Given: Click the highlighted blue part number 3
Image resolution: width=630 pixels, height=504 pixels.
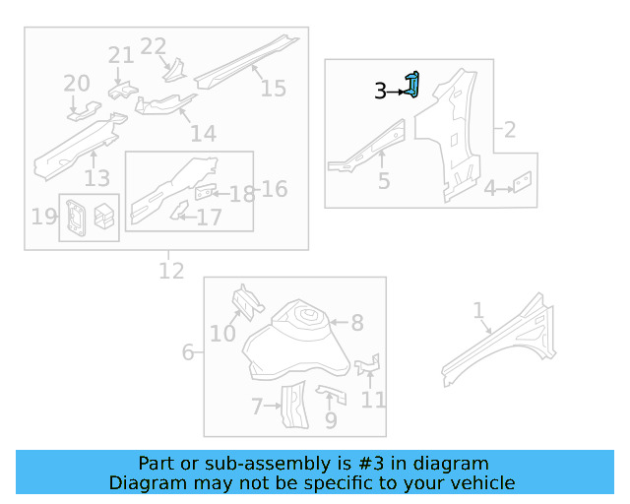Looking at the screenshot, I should tap(414, 86).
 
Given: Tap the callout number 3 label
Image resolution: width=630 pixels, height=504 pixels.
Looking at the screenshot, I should tap(380, 92).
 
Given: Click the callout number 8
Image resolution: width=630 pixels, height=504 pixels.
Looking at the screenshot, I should tap(357, 322).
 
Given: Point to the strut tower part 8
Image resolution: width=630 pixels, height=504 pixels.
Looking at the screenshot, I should tap(295, 340).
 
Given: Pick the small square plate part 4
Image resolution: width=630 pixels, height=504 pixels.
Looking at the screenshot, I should tap(524, 182).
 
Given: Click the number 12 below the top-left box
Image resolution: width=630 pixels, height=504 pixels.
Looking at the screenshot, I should tap(171, 270).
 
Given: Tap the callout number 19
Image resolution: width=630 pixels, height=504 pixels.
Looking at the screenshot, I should tap(44, 217).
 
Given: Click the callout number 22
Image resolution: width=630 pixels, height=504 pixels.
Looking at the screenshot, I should tap(154, 46).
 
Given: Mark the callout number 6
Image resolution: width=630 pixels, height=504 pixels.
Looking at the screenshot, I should tap(187, 351).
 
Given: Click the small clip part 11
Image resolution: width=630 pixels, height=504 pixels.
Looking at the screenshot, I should tap(368, 366).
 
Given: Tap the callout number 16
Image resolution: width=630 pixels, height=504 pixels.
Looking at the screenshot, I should tap(274, 188).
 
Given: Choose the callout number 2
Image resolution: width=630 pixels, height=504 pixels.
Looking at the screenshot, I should tap(510, 129).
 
